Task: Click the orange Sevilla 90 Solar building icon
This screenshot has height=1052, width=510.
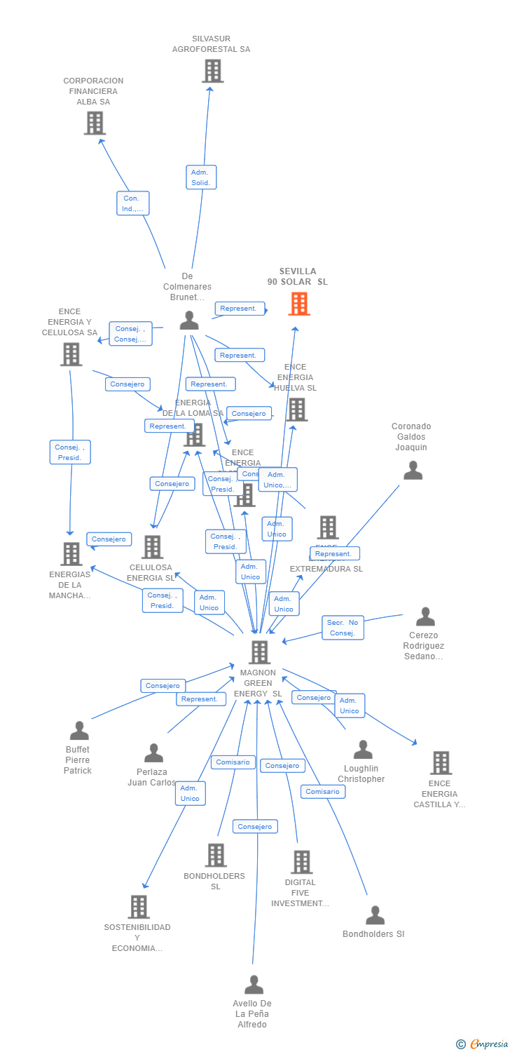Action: (x=299, y=304)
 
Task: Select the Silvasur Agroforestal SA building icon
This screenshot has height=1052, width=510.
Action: (x=212, y=71)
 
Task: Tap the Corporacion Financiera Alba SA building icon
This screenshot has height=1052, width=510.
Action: (x=95, y=123)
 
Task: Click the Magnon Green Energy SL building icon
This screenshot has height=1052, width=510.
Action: (x=259, y=652)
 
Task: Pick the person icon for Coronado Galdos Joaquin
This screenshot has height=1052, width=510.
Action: (x=413, y=471)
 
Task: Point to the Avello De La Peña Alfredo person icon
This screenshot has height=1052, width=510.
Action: (x=254, y=985)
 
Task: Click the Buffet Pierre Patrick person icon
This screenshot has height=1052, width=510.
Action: (x=79, y=731)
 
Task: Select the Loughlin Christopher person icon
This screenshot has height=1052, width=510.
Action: (x=363, y=750)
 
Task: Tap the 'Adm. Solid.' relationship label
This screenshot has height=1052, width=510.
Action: (x=201, y=177)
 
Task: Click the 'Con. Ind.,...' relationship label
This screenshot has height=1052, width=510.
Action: (x=132, y=203)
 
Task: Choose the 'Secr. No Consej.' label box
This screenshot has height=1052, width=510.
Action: (x=343, y=628)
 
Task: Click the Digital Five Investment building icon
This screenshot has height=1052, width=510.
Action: (x=301, y=862)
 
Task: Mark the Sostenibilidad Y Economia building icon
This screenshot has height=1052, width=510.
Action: (x=139, y=907)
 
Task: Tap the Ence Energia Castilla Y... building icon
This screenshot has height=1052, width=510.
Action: (x=441, y=762)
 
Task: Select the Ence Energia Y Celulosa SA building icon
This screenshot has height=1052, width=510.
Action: (x=71, y=354)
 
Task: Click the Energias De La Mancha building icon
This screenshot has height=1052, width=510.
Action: (x=71, y=554)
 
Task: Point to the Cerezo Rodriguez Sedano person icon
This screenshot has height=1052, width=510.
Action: (x=425, y=617)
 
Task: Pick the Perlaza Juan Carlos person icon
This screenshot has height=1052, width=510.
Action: (x=153, y=753)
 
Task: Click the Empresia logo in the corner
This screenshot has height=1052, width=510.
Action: (x=482, y=1044)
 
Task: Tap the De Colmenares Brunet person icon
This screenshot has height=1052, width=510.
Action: (x=189, y=321)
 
